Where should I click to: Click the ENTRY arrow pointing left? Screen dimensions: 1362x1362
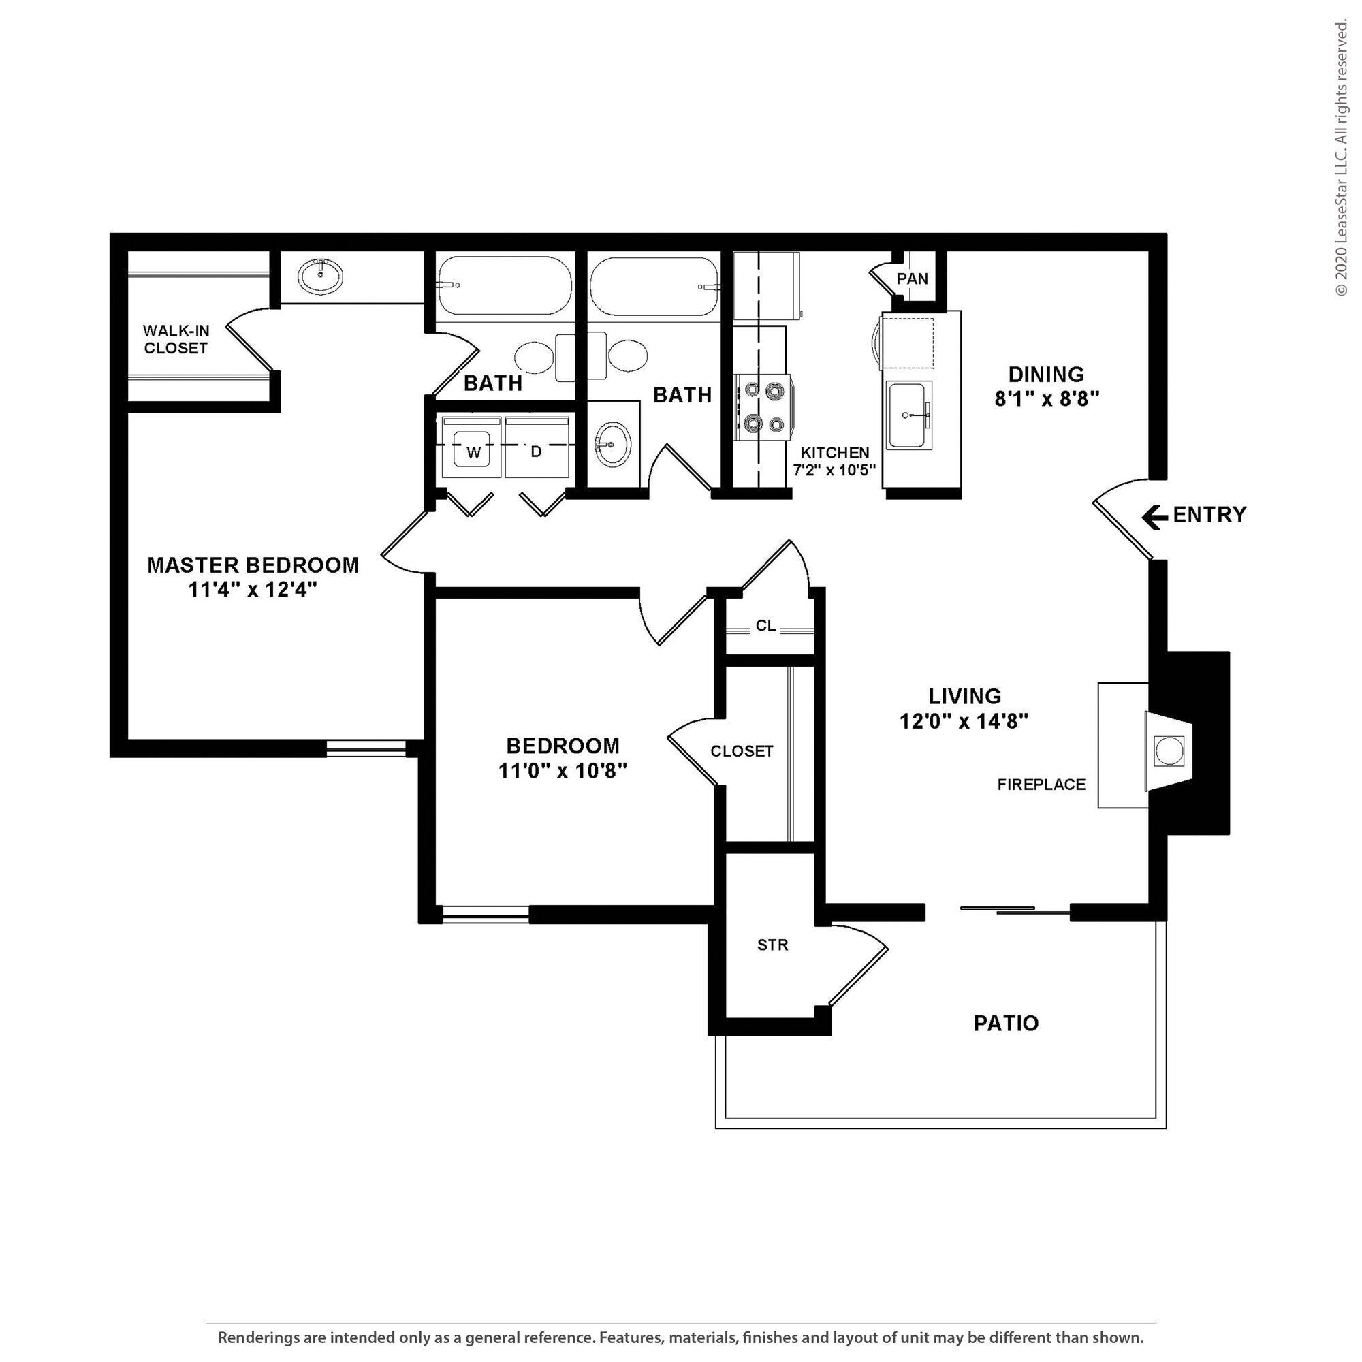(1154, 518)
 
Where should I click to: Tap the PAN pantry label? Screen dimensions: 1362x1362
(913, 279)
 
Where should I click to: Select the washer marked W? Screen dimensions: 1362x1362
(473, 452)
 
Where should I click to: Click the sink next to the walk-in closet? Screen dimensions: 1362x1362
(320, 276)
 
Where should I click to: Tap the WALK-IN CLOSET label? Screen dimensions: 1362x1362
(176, 339)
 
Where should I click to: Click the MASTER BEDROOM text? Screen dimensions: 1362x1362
(253, 565)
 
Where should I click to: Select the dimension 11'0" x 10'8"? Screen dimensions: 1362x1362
(563, 772)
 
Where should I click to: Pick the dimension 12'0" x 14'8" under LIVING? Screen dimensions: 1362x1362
(964, 721)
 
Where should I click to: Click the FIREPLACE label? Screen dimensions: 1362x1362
(1041, 785)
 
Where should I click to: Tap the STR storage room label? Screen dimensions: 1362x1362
(772, 945)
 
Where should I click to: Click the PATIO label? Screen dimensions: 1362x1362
(1005, 1023)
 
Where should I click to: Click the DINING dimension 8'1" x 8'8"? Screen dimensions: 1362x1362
(1046, 399)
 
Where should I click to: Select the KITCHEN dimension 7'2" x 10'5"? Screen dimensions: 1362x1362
(834, 470)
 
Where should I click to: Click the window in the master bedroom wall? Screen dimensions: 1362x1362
(366, 748)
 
